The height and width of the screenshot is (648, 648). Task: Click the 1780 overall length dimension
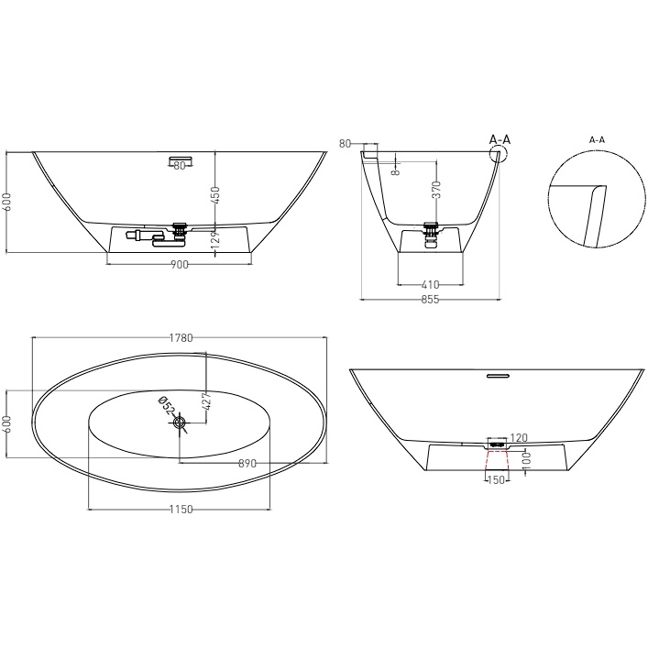(181, 338)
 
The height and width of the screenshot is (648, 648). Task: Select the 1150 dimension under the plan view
(181, 510)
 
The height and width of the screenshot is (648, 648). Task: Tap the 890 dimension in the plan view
(247, 464)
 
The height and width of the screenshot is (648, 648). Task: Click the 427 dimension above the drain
(206, 401)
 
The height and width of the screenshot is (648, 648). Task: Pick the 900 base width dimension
(179, 265)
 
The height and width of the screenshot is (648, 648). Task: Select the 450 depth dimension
(215, 194)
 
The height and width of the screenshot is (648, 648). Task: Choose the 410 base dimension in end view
(431, 283)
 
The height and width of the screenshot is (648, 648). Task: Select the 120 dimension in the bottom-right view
(519, 437)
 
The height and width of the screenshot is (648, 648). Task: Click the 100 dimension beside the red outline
(525, 457)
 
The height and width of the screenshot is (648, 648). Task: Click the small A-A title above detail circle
(597, 139)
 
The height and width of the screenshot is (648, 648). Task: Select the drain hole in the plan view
(180, 422)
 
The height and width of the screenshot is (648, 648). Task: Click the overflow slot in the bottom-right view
(497, 375)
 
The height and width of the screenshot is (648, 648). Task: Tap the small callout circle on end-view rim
(499, 155)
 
